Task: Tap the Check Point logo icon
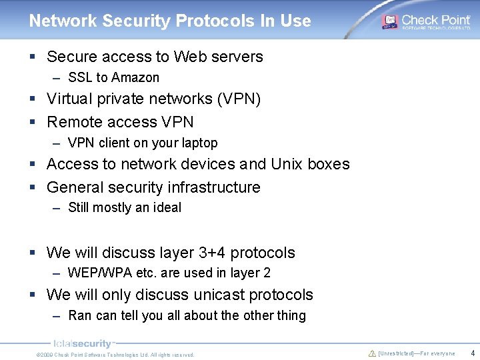(x=389, y=21)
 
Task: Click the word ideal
(x=166, y=207)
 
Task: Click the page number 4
(x=472, y=353)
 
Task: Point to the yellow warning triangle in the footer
(x=372, y=353)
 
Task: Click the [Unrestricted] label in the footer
(x=396, y=353)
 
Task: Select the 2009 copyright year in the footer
(x=47, y=355)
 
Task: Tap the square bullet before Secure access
(x=33, y=57)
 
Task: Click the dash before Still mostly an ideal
(x=57, y=207)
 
